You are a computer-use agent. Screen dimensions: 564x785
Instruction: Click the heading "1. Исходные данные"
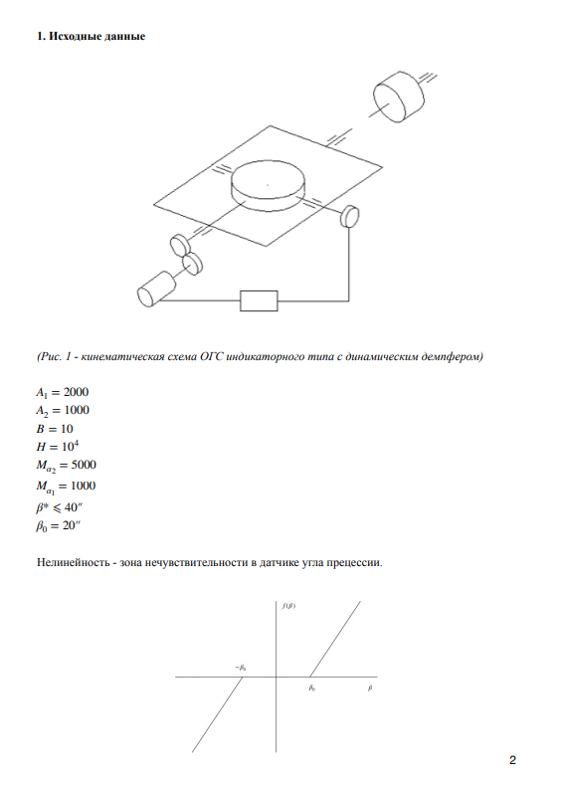tap(91, 36)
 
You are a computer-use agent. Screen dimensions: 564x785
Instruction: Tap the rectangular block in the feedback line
tap(259, 300)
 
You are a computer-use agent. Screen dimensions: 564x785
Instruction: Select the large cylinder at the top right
tap(398, 97)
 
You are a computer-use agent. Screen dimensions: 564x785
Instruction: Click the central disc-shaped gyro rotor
tap(268, 186)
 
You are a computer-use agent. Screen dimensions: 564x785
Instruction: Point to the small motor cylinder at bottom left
tap(156, 289)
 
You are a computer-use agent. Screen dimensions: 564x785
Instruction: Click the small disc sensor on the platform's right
tap(350, 216)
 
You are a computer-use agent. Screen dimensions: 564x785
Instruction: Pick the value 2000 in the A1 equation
tap(76, 392)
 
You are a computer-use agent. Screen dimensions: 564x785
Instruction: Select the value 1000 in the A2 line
tap(77, 410)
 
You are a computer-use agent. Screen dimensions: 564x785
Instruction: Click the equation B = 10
tap(55, 429)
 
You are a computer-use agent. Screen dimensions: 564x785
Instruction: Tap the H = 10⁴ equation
tap(58, 446)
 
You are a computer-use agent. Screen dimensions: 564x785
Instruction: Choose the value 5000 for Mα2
tap(84, 465)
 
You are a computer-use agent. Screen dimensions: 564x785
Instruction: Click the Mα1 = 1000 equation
tap(66, 487)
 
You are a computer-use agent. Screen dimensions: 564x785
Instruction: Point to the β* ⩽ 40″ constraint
tap(59, 507)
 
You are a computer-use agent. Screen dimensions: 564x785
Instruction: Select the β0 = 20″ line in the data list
tap(58, 526)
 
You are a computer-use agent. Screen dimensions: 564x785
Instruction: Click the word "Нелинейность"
tap(73, 562)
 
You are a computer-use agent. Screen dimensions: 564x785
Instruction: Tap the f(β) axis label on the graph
tap(288, 606)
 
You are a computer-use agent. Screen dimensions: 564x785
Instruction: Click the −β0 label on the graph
tap(241, 668)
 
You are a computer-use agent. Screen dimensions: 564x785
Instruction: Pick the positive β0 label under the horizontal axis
tap(311, 688)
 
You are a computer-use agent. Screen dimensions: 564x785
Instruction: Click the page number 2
tap(512, 760)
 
